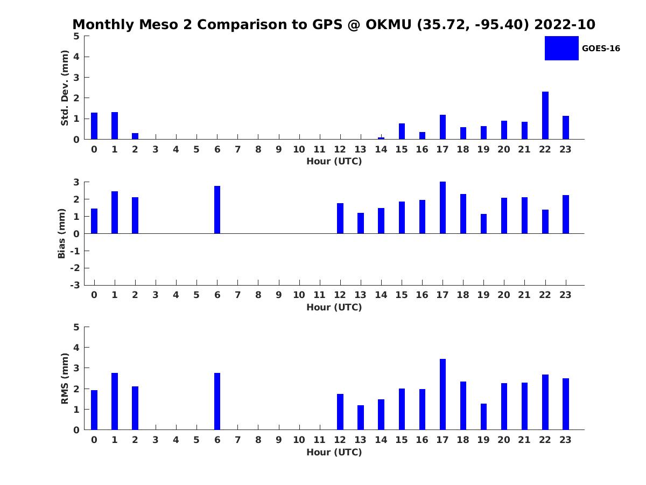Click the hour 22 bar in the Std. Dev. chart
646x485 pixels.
tap(545, 115)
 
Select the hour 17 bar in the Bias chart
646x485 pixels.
tap(443, 207)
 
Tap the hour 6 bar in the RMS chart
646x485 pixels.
tap(217, 401)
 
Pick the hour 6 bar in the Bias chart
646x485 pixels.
tap(217, 210)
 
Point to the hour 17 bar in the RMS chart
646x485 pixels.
tap(443, 394)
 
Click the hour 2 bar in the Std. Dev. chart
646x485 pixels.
tap(135, 136)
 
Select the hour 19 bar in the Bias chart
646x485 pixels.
tap(483, 224)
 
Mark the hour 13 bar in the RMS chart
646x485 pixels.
tap(361, 417)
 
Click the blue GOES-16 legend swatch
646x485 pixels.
tap(561, 48)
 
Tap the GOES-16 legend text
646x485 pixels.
tap(601, 48)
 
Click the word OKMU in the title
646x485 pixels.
tap(388, 24)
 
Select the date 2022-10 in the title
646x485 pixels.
tap(565, 24)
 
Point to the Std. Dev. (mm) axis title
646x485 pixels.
tap(65, 88)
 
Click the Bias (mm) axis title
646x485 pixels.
tap(61, 233)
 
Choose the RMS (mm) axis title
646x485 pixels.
tap(65, 378)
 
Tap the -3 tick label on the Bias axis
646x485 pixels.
tap(75, 285)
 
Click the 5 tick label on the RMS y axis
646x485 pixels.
tap(76, 327)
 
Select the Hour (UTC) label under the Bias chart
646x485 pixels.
tap(334, 307)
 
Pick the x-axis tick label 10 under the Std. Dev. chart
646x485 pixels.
tap(299, 150)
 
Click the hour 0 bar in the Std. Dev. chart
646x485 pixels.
tap(94, 126)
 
